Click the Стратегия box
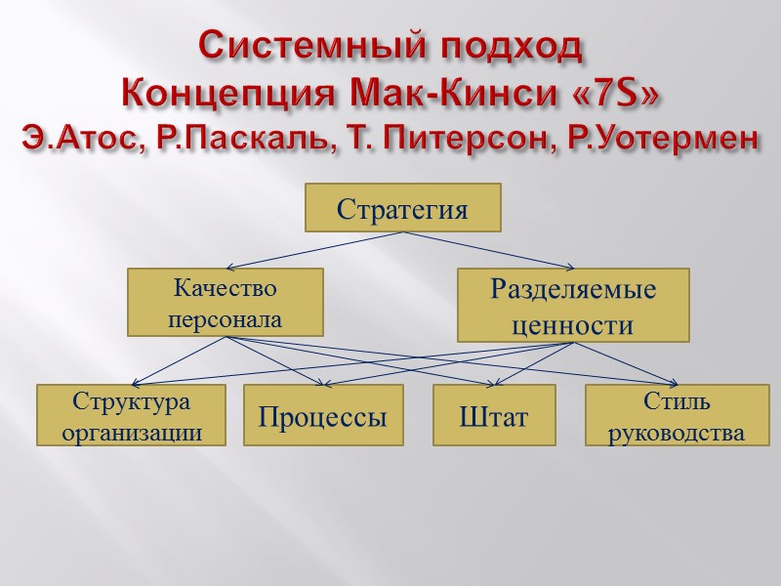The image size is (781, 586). [x=403, y=208]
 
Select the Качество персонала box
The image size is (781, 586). [x=226, y=303]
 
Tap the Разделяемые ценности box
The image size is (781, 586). [x=573, y=306]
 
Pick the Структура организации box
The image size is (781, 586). [x=132, y=416]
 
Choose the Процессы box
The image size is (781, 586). [x=323, y=417]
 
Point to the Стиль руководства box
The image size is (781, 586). [x=677, y=416]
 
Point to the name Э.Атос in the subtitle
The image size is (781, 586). [x=79, y=140]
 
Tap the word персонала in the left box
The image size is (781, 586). [x=226, y=318]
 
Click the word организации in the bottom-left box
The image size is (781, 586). [x=132, y=433]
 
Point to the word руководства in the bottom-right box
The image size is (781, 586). [x=677, y=433]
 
